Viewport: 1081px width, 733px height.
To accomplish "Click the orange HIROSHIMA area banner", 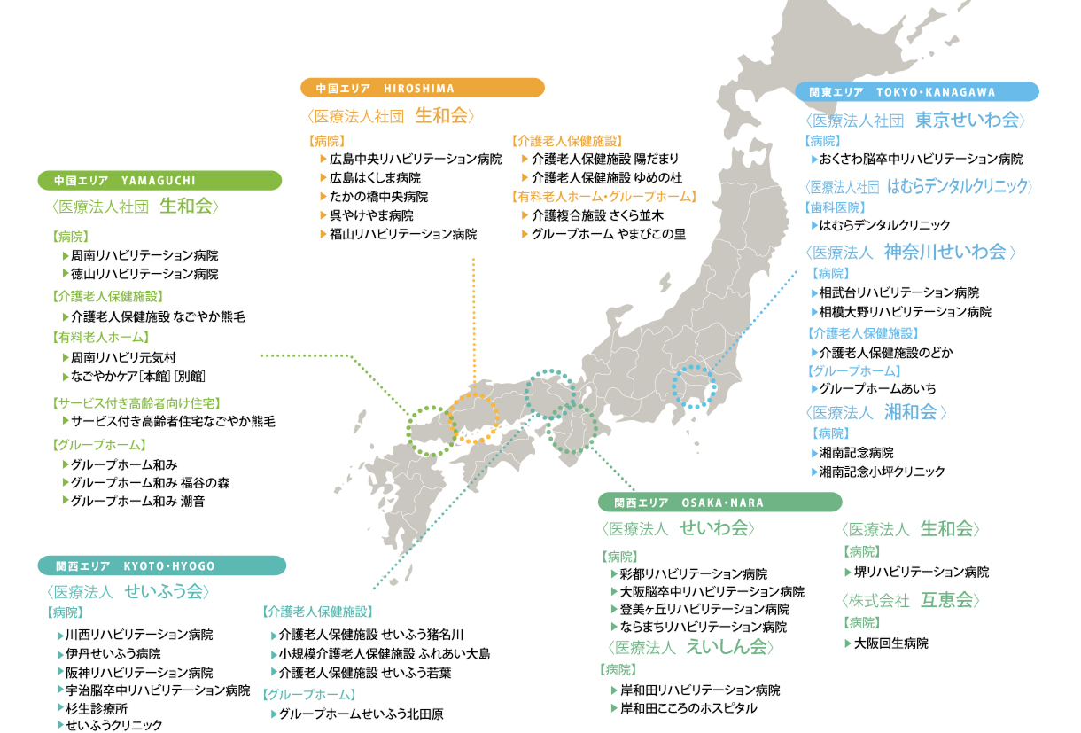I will tap(422, 88).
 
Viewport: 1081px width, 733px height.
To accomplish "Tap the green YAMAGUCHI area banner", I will tap(159, 181).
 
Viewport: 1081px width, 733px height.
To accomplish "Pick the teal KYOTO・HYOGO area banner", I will tap(161, 565).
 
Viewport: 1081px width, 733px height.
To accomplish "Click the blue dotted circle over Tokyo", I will tap(694, 386).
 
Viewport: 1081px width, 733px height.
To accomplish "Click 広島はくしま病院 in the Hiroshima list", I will tap(375, 178).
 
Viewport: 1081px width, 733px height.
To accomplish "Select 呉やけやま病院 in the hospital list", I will tap(371, 215).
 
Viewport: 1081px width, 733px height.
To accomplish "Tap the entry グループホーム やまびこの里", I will tap(608, 235).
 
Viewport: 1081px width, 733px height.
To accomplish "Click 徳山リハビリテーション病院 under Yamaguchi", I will tap(144, 274).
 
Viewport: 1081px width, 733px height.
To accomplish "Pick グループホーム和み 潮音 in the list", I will tap(137, 501).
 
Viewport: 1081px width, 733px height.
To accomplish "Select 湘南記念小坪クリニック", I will tap(882, 472).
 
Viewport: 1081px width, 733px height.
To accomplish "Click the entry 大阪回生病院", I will tap(890, 643).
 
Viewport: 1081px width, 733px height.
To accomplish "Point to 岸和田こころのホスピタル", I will tap(688, 708).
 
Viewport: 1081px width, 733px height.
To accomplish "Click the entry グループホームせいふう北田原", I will tap(361, 714).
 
